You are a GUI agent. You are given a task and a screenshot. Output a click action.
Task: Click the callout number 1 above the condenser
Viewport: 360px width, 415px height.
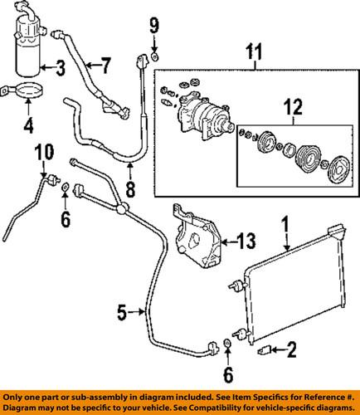[286, 224]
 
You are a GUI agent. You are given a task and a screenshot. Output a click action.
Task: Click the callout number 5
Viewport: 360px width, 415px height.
[121, 313]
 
